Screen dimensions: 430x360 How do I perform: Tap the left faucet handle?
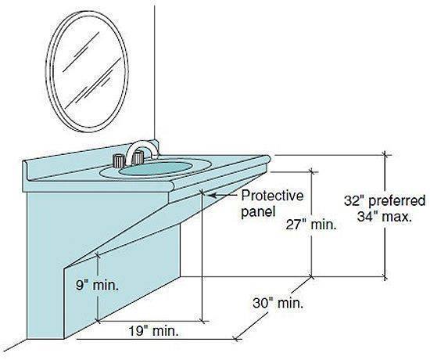pos(119,160)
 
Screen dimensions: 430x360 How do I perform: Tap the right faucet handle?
pos(138,157)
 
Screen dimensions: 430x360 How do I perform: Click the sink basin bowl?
pos(156,168)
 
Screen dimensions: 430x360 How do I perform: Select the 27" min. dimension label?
pos(311,225)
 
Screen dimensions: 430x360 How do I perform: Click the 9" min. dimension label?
pos(97,286)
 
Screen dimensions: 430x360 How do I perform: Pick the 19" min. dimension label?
pos(153,331)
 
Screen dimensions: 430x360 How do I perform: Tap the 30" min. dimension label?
pos(278,303)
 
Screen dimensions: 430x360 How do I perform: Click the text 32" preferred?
pos(385,200)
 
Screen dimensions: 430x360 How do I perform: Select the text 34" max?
pos(385,218)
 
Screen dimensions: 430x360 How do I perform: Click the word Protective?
pos(272,196)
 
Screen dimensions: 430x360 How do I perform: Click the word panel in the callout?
pos(258,212)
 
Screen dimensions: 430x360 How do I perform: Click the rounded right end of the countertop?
pos(267,159)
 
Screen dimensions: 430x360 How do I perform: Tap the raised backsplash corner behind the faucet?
pos(155,144)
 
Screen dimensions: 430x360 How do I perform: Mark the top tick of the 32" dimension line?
pos(385,155)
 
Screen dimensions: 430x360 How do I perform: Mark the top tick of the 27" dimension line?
pos(311,172)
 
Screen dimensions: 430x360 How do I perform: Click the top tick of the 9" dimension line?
pos(98,255)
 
